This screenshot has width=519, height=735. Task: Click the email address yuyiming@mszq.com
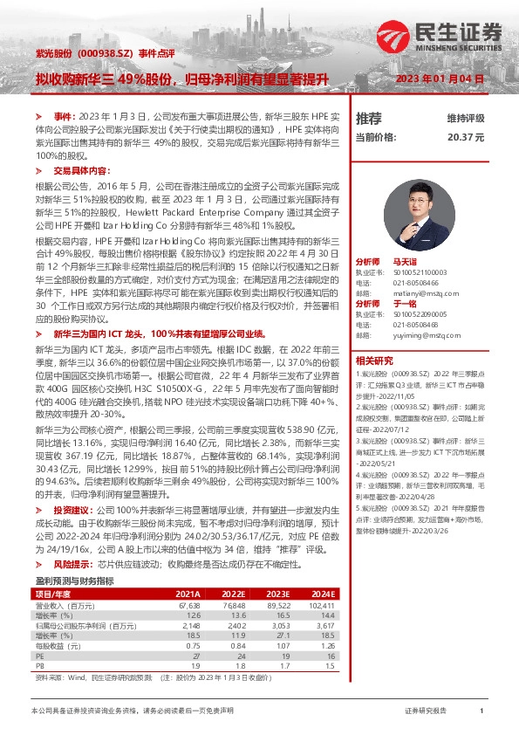[x=419, y=333]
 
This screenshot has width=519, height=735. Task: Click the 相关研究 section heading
[x=374, y=360]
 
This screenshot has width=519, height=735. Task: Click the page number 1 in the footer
[x=481, y=711]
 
